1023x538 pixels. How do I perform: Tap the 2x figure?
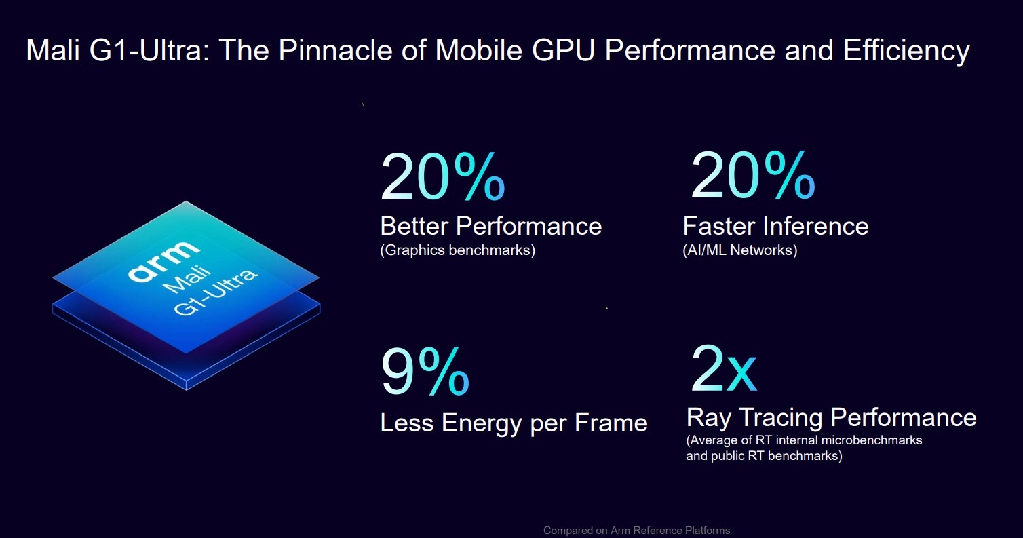[x=722, y=370]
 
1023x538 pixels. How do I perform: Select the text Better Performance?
[x=490, y=226]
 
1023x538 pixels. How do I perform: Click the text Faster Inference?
[x=775, y=226]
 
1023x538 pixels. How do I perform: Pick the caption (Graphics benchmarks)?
[x=457, y=250]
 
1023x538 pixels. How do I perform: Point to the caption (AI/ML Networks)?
[x=739, y=250]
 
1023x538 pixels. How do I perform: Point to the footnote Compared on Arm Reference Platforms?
[x=636, y=531]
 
